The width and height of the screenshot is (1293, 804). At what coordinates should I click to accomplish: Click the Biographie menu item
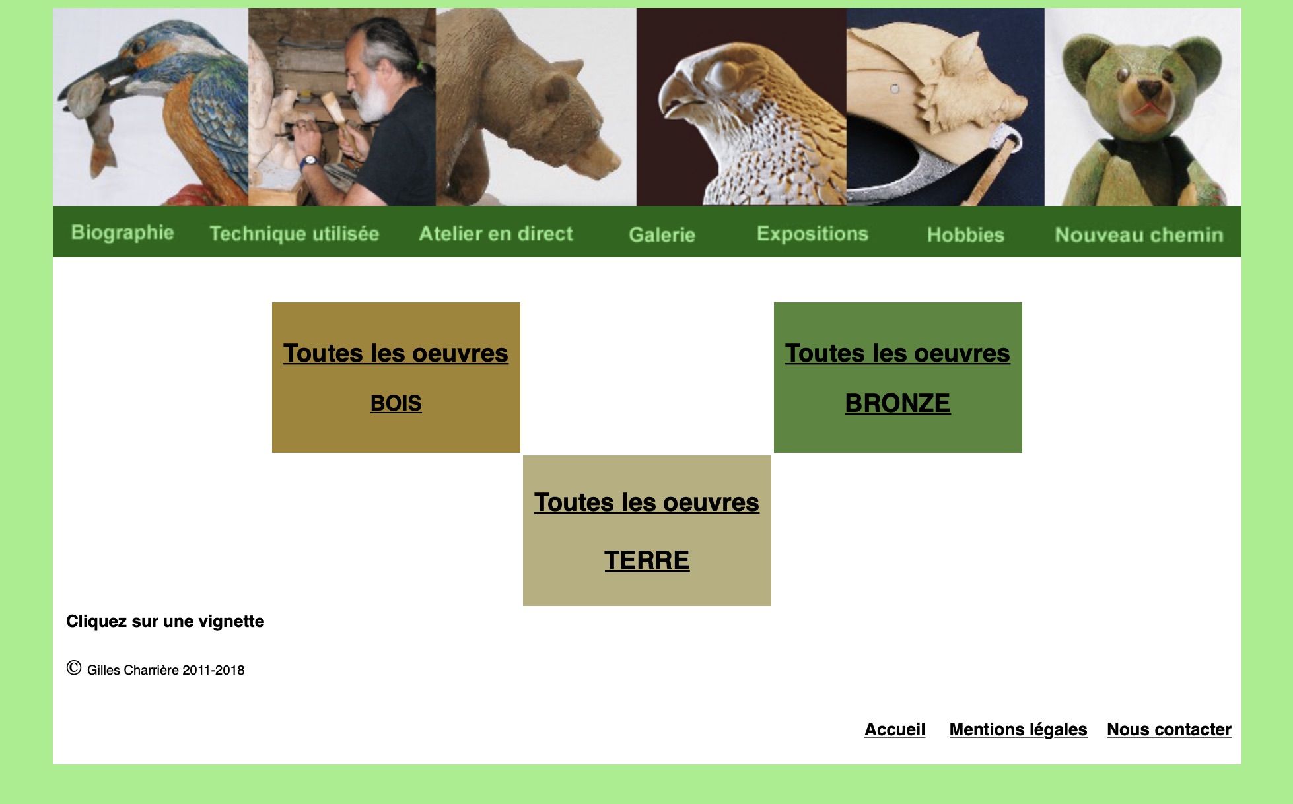[122, 233]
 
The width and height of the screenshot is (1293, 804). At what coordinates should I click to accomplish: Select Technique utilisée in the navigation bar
[294, 234]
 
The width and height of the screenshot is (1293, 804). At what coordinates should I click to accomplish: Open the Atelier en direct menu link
[496, 234]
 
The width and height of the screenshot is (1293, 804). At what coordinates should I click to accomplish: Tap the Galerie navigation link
[662, 234]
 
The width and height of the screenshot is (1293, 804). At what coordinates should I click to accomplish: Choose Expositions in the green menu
[812, 234]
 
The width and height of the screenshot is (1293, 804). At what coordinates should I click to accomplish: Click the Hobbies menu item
[965, 234]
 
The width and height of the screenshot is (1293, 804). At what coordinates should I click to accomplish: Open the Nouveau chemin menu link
[1139, 234]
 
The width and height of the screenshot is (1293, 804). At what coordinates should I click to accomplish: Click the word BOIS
[396, 403]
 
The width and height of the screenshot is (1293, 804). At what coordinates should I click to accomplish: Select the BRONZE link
[898, 403]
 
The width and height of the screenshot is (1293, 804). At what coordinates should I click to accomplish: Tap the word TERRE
[647, 560]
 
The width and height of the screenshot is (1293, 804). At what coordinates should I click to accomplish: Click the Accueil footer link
[895, 729]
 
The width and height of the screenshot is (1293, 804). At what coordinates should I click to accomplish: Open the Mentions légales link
[1018, 729]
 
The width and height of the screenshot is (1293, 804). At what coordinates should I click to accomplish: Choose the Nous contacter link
[1169, 729]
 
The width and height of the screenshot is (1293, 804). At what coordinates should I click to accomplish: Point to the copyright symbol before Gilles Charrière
[74, 668]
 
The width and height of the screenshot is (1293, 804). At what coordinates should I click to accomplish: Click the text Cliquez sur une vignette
[165, 621]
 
